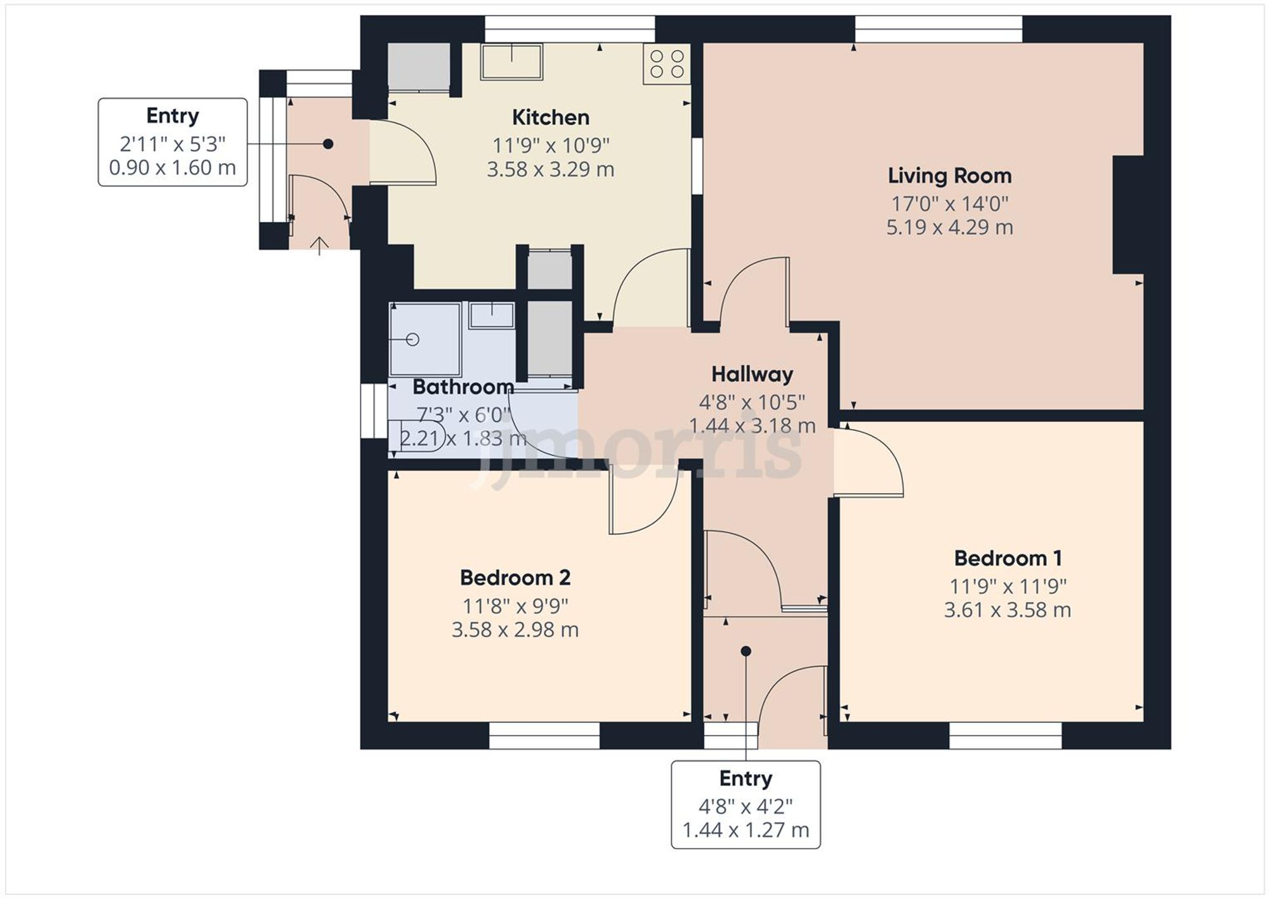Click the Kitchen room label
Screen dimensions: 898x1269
(550, 117)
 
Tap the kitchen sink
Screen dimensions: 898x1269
(511, 62)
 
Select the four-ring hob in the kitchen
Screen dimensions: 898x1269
(666, 64)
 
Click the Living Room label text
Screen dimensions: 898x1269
(949, 176)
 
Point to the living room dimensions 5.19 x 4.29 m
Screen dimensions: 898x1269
(949, 227)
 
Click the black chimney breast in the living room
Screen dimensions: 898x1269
(1128, 215)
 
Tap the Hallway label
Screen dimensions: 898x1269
(752, 374)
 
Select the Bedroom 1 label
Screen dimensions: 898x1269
(1007, 558)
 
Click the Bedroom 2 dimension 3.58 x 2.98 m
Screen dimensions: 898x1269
(515, 630)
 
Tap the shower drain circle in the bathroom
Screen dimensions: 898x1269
(412, 340)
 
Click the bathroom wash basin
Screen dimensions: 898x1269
(492, 315)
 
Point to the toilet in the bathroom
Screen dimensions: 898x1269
(419, 437)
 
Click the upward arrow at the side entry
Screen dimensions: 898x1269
(319, 245)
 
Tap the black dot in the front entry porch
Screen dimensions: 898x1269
(746, 651)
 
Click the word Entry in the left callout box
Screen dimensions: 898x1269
(172, 116)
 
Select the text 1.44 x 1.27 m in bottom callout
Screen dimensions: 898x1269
(746, 830)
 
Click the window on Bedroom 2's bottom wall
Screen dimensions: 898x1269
(544, 736)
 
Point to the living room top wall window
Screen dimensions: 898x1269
(938, 29)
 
